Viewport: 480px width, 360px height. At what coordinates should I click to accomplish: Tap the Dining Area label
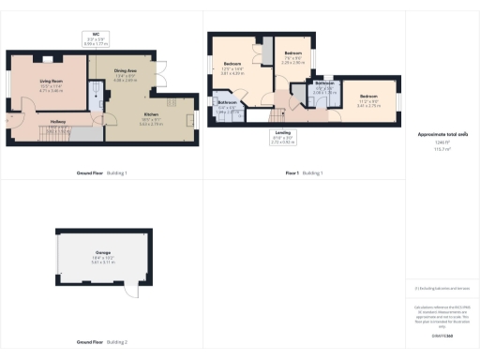tap(126, 73)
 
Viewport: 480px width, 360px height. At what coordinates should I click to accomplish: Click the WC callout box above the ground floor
tap(97, 41)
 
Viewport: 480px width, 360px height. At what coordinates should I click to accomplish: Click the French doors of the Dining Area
tap(161, 70)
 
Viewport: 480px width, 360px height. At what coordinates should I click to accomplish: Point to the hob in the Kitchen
tap(191, 119)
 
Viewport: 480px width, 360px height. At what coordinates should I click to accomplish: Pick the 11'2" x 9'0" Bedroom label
tap(369, 102)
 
